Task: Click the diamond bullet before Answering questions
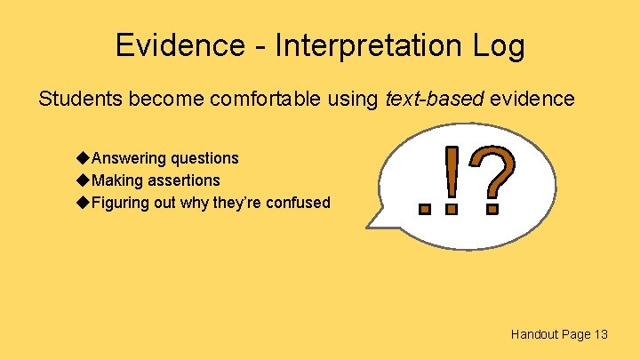pos(83,158)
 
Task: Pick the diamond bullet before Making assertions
pos(83,180)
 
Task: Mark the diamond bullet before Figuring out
pos(83,203)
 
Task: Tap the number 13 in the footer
pos(601,334)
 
